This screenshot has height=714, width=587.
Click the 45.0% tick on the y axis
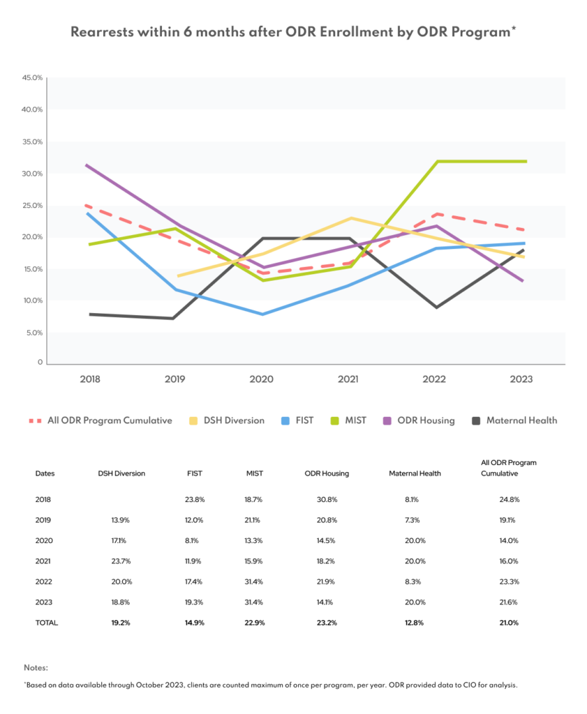33,77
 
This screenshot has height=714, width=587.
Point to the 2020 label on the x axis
262,379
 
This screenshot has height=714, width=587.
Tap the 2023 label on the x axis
521,379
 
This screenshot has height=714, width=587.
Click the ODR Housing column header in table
327,473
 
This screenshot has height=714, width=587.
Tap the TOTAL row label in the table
47,623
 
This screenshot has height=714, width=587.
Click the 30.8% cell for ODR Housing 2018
326,499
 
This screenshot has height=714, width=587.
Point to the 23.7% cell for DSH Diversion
121,561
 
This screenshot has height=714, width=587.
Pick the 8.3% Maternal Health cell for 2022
414,582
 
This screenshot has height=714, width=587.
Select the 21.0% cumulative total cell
510,623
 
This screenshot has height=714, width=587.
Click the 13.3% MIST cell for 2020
255,540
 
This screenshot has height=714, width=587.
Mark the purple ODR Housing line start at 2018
86,165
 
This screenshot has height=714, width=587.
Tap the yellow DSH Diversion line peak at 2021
351,218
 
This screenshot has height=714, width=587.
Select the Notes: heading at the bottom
36,667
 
